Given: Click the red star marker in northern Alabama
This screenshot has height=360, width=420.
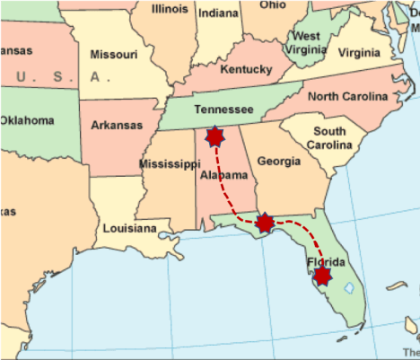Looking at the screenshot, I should pyautogui.click(x=214, y=137).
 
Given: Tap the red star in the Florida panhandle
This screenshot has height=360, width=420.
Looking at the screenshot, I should pyautogui.click(x=265, y=223).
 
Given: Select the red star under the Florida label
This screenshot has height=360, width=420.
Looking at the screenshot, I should pyautogui.click(x=322, y=276).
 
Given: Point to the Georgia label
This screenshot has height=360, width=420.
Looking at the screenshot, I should pyautogui.click(x=279, y=162).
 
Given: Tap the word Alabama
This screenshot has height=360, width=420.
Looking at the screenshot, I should pyautogui.click(x=223, y=175).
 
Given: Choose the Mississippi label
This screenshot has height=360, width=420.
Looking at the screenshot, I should pyautogui.click(x=170, y=164).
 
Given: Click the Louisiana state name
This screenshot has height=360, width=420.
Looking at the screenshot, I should pyautogui.click(x=129, y=228).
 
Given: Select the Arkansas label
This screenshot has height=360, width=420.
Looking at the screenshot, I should pyautogui.click(x=118, y=125).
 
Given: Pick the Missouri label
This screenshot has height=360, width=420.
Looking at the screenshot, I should pyautogui.click(x=114, y=55).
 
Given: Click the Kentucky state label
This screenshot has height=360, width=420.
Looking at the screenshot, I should pyautogui.click(x=245, y=69).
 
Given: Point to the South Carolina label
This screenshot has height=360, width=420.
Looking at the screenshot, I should pyautogui.click(x=329, y=139).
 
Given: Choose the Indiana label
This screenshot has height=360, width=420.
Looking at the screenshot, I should pyautogui.click(x=218, y=13).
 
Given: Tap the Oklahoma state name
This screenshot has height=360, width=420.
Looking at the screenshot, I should pyautogui.click(x=28, y=119).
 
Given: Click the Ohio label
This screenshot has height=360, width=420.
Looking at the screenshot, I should pyautogui.click(x=273, y=5).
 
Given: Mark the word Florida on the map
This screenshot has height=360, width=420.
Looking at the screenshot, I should pyautogui.click(x=325, y=262).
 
